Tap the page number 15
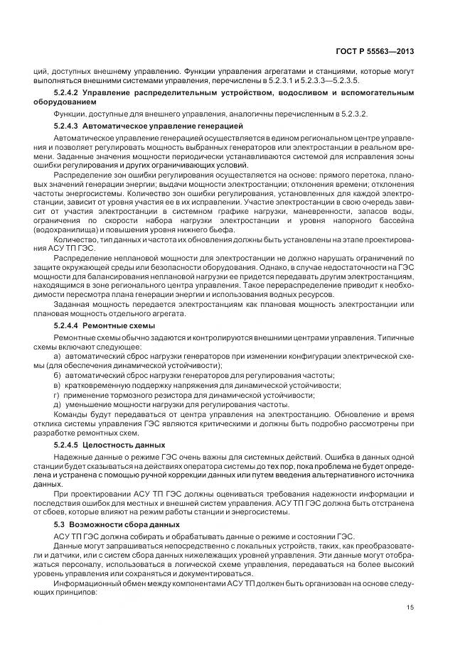pyautogui.click(x=411, y=607)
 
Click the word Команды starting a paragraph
pyautogui.click(x=70, y=414)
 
